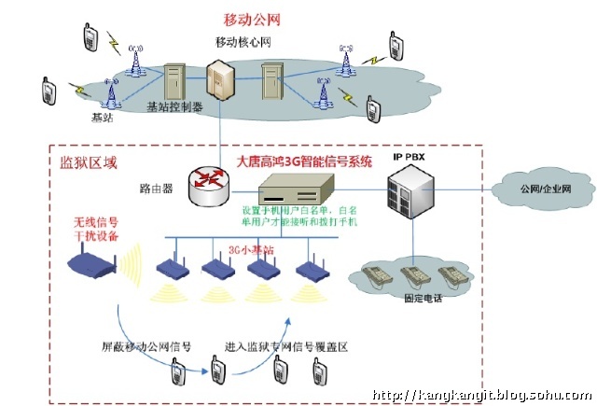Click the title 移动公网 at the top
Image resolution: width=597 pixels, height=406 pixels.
[x=252, y=19]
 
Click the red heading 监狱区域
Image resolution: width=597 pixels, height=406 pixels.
[x=83, y=163]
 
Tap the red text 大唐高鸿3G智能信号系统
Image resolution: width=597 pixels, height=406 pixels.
[x=304, y=161]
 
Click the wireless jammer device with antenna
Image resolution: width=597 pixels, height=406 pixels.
[x=97, y=265]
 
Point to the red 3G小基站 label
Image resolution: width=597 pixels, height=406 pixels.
[x=251, y=250]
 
